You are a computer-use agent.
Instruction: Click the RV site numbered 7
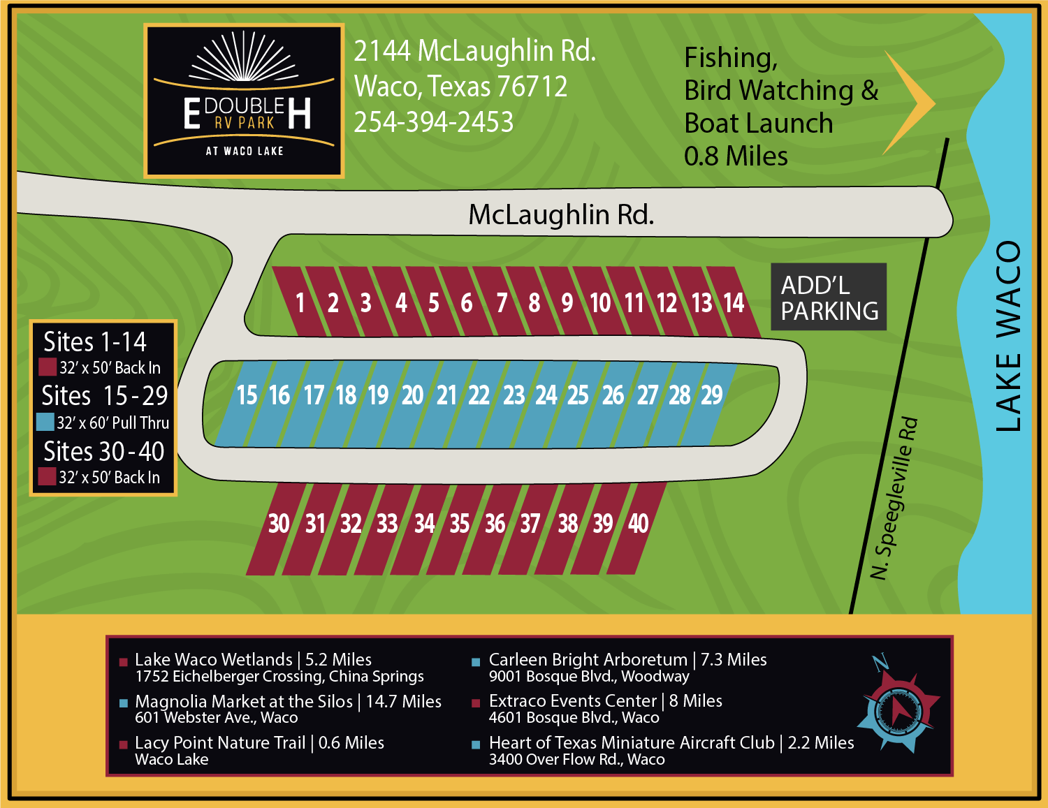pos(502,303)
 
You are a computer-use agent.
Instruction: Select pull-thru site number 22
pos(479,396)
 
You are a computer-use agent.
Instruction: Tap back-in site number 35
pos(459,524)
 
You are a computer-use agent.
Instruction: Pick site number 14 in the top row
pos(734,303)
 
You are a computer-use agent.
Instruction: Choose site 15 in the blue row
pos(247,396)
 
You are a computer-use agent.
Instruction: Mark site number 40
pos(638,524)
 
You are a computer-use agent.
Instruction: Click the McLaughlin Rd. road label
pos(561,214)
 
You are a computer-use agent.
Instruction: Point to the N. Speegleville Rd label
pos(894,498)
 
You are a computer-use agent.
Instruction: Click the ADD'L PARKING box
pos(829,297)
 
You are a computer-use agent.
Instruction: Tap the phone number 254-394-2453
pos(433,122)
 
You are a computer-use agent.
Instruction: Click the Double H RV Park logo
pos(244,101)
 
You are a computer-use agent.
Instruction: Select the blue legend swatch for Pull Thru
pos(45,422)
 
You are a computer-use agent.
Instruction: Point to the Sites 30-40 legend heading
pos(103,452)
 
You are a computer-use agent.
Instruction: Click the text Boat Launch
pos(758,124)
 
